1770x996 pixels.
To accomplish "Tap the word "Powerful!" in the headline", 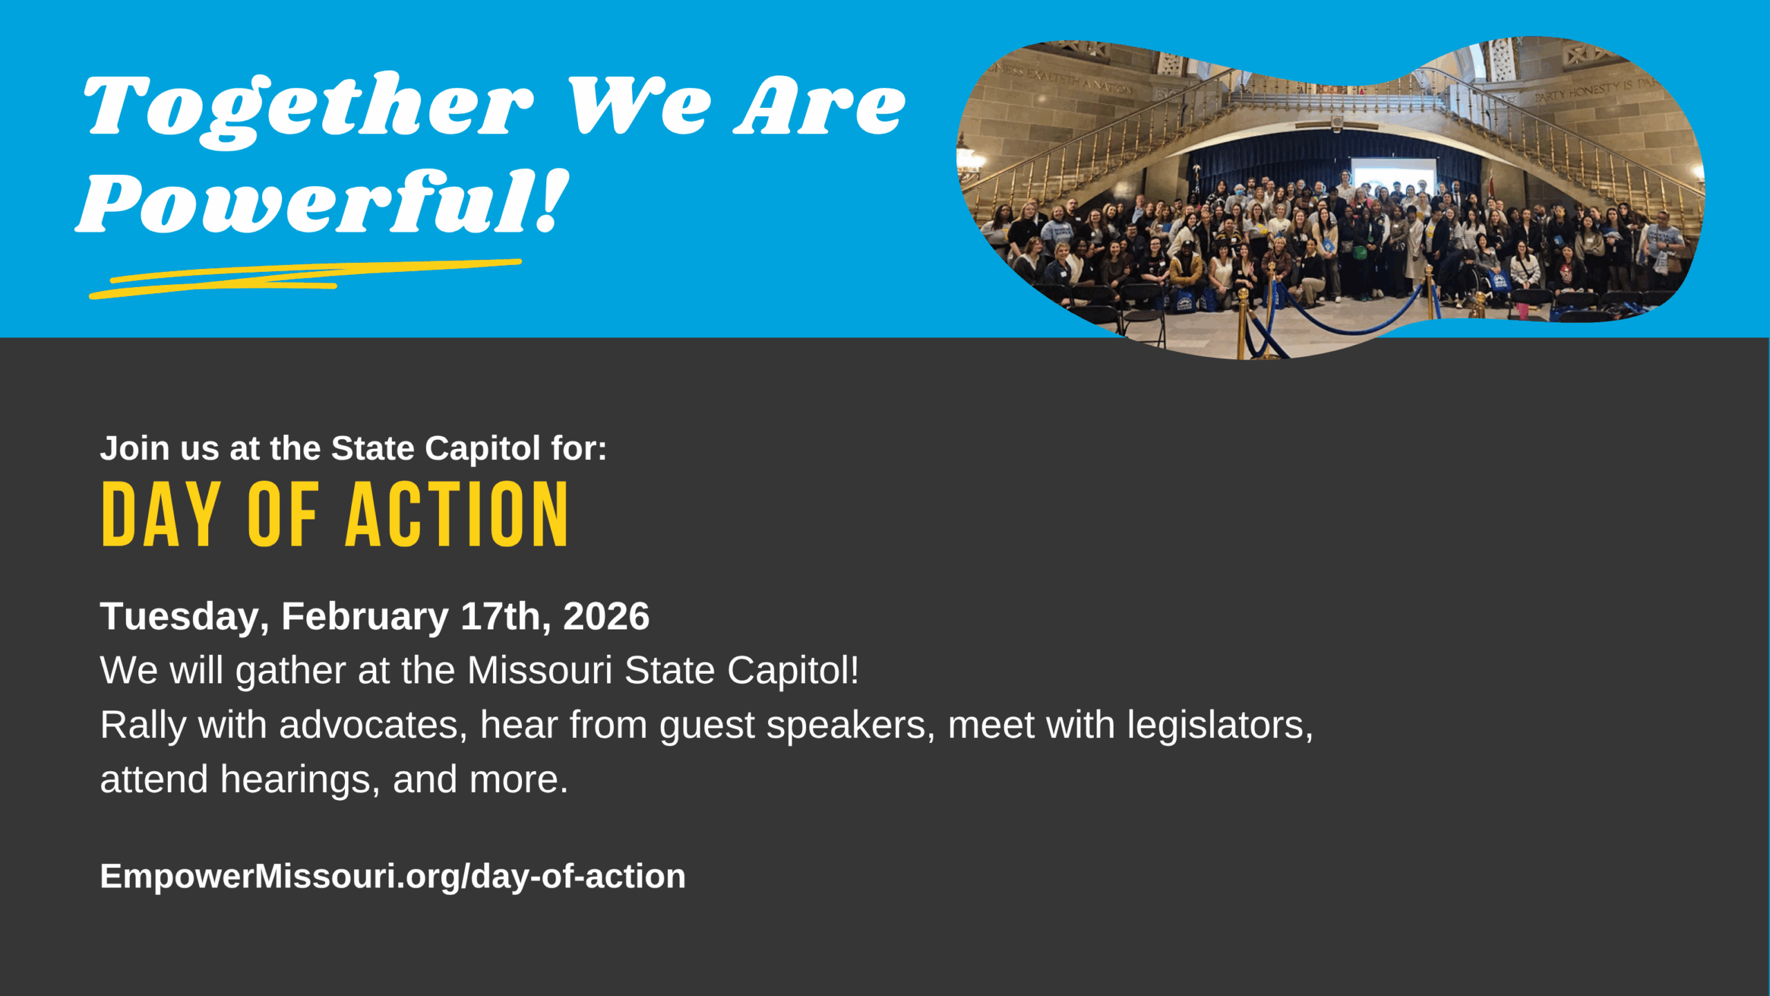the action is pos(322,203).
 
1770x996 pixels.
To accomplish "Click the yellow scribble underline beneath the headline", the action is pos(305,278).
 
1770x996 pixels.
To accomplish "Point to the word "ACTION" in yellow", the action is pos(457,515).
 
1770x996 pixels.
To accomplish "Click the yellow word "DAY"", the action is pos(161,515).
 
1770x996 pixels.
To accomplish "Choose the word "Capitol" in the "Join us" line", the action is pos(483,449).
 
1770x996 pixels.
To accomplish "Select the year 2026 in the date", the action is pos(606,616).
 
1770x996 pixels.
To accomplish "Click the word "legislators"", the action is pos(1220,726).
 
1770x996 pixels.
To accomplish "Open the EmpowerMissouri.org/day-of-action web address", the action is pos(393,876).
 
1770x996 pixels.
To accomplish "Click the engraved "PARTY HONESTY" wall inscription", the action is pos(1583,91).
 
